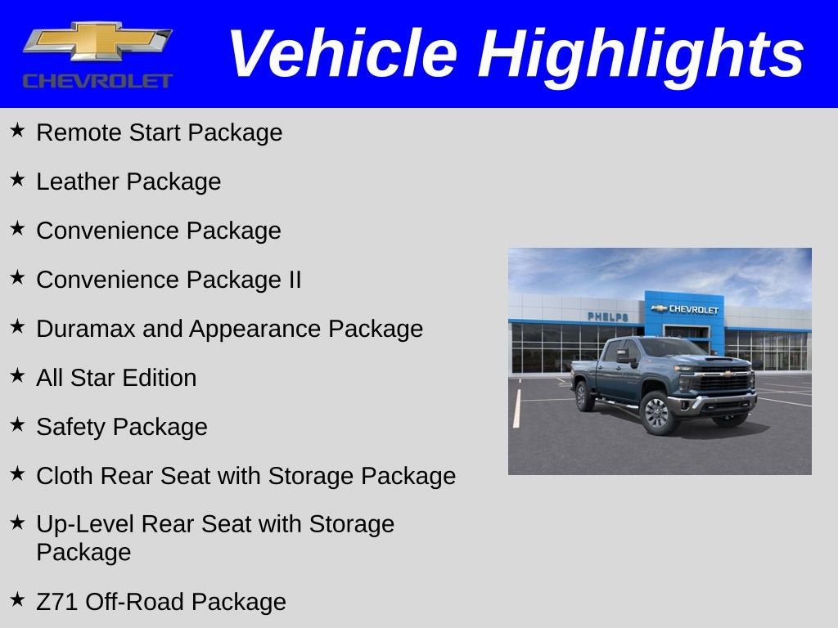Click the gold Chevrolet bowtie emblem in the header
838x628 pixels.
tap(97, 42)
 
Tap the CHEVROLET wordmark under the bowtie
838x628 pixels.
tap(97, 81)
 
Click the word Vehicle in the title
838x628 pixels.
tap(341, 54)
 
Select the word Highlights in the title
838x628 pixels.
tap(641, 54)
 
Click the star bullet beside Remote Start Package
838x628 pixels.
tap(17, 130)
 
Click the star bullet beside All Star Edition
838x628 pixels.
tap(17, 375)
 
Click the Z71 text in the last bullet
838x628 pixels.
tap(56, 602)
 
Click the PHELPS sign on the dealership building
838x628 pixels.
tap(607, 316)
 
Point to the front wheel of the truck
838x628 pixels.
tap(657, 412)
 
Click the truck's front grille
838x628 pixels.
tap(723, 383)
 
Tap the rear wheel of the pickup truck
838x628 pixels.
tap(584, 397)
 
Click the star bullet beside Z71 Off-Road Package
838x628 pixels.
tap(17, 599)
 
